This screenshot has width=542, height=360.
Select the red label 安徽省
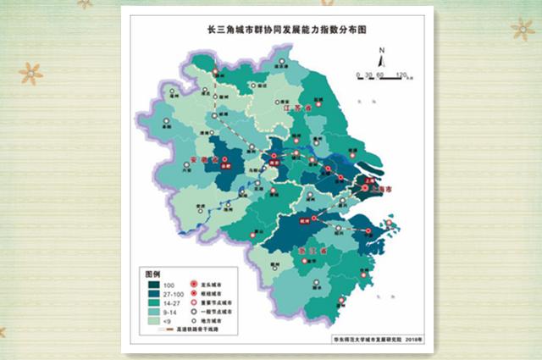click(x=205, y=159)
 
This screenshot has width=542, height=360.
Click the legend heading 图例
click(x=153, y=275)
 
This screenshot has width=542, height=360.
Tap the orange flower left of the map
click(x=31, y=73)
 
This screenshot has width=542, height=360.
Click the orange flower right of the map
click(x=523, y=30)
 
